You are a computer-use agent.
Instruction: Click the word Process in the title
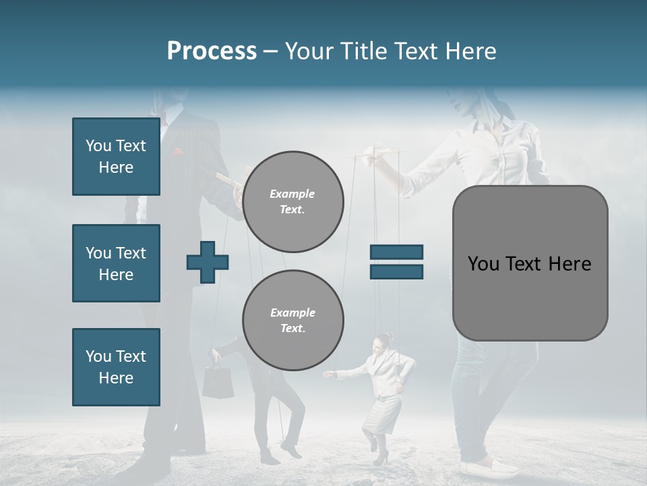pos(212,51)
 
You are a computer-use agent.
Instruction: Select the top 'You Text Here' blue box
pos(116,157)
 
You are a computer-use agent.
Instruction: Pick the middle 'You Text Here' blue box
pos(116,263)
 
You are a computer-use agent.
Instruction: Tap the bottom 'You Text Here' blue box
pos(116,367)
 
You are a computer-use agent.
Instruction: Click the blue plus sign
pos(208,262)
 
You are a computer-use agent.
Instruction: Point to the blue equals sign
pos(396,262)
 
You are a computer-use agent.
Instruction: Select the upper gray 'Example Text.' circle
pos(292,202)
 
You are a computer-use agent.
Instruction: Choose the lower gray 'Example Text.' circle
pos(292,321)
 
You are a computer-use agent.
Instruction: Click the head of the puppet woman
pos(385,341)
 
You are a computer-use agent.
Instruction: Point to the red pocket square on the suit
pos(178,152)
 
